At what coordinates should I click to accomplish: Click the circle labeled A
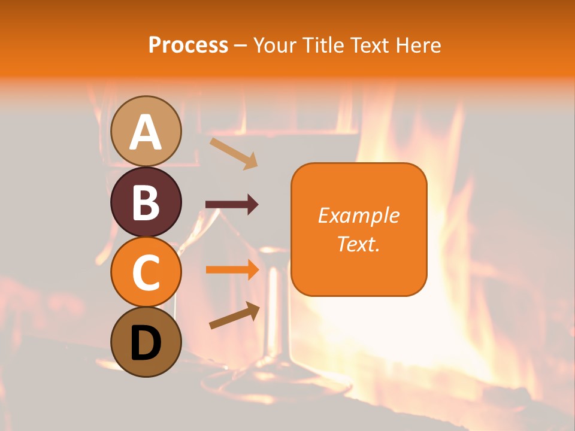tap(146, 131)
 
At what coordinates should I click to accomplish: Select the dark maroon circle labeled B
tap(146, 202)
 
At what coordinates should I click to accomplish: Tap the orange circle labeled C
tap(146, 272)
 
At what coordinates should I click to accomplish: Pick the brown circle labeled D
tap(146, 342)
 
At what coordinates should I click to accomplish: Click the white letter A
tap(146, 132)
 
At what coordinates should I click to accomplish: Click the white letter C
tap(146, 273)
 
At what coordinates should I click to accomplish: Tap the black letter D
tap(146, 344)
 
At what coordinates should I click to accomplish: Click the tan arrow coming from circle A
tap(234, 153)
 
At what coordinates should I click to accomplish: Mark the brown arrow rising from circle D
tap(234, 315)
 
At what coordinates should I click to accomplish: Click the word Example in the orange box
tap(359, 216)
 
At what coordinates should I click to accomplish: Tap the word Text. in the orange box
tap(359, 244)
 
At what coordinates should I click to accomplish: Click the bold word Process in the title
tap(188, 45)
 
